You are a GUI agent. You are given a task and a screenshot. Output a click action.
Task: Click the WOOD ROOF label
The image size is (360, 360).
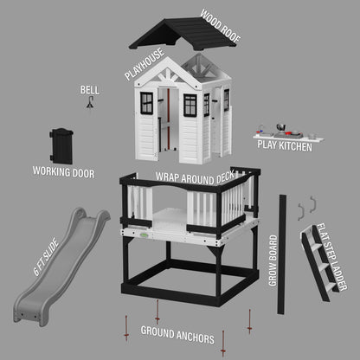click(220, 27)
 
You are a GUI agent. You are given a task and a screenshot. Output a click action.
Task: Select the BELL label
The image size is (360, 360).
click(89, 89)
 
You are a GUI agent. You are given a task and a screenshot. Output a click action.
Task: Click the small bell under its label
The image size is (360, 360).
click(89, 103)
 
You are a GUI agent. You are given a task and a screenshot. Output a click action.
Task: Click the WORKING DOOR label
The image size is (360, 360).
click(63, 172)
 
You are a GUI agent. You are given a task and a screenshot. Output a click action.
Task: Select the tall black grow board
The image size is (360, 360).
click(281, 254)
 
